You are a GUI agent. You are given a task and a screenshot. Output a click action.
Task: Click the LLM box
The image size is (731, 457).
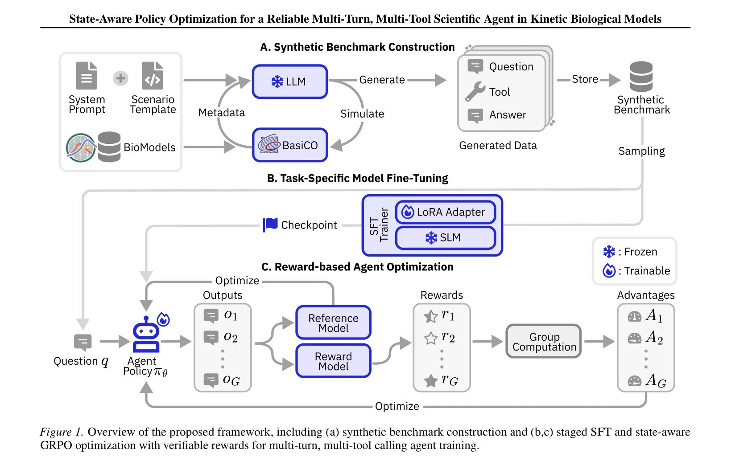290,82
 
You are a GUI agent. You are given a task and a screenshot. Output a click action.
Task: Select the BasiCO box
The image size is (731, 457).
290,145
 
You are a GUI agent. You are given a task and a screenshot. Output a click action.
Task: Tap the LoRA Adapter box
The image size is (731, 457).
446,212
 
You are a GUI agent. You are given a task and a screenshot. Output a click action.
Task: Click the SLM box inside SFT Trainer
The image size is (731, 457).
446,237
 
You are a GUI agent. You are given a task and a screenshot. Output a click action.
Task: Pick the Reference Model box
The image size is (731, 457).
333,322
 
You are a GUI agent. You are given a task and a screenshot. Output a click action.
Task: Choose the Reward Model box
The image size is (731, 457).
333,361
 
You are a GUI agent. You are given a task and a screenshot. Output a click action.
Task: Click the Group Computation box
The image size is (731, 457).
544,341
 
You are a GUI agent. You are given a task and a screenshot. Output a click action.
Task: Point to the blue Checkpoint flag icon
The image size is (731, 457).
270,224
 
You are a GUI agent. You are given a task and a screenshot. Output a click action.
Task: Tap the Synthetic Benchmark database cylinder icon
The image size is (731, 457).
641,77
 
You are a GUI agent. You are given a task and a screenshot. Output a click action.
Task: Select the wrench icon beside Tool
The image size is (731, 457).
475,91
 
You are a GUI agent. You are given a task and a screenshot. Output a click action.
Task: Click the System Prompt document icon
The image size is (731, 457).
87,76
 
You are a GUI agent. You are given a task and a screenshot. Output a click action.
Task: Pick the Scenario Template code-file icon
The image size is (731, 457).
153,76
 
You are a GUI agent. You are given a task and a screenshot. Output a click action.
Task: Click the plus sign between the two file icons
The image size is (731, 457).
120,78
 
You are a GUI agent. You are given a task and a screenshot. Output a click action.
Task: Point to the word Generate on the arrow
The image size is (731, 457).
382,80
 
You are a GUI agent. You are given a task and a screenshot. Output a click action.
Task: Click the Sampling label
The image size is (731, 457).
642,151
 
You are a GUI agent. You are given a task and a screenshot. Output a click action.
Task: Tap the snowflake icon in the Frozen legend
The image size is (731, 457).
609,252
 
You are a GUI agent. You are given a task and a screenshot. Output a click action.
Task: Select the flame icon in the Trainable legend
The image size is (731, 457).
609,270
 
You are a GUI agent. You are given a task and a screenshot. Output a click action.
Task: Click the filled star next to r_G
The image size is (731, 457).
431,380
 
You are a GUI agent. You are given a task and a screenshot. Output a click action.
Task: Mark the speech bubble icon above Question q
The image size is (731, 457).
83,343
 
